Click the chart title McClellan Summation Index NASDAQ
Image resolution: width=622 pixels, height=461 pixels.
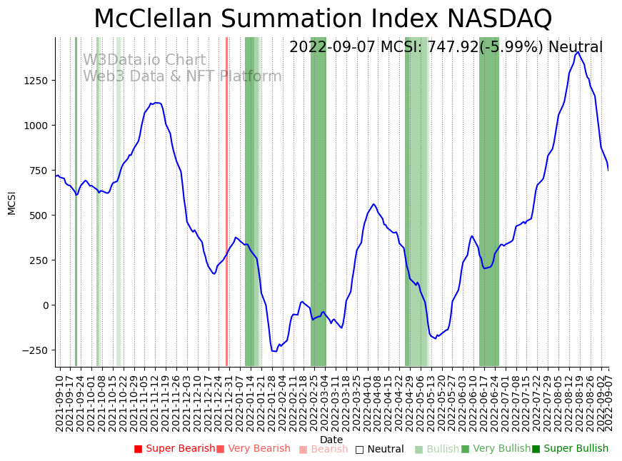tap(323, 19)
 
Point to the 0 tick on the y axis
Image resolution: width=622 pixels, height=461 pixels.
tap(45, 305)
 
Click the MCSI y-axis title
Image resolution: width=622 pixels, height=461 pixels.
tap(11, 203)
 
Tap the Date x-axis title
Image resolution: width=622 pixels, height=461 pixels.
tap(331, 440)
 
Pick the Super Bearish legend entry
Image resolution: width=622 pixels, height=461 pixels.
tap(175, 449)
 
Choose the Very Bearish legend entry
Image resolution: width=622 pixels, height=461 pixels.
tap(254, 449)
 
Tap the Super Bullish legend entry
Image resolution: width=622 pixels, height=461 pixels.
tap(570, 449)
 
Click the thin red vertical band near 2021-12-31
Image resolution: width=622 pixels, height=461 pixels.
tap(226, 200)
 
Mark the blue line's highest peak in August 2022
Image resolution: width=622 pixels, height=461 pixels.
tap(578, 51)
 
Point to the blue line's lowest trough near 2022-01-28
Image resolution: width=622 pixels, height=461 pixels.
tap(274, 351)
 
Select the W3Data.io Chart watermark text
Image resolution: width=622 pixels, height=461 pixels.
tap(144, 61)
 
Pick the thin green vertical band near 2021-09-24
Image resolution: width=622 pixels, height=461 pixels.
tap(76, 200)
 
